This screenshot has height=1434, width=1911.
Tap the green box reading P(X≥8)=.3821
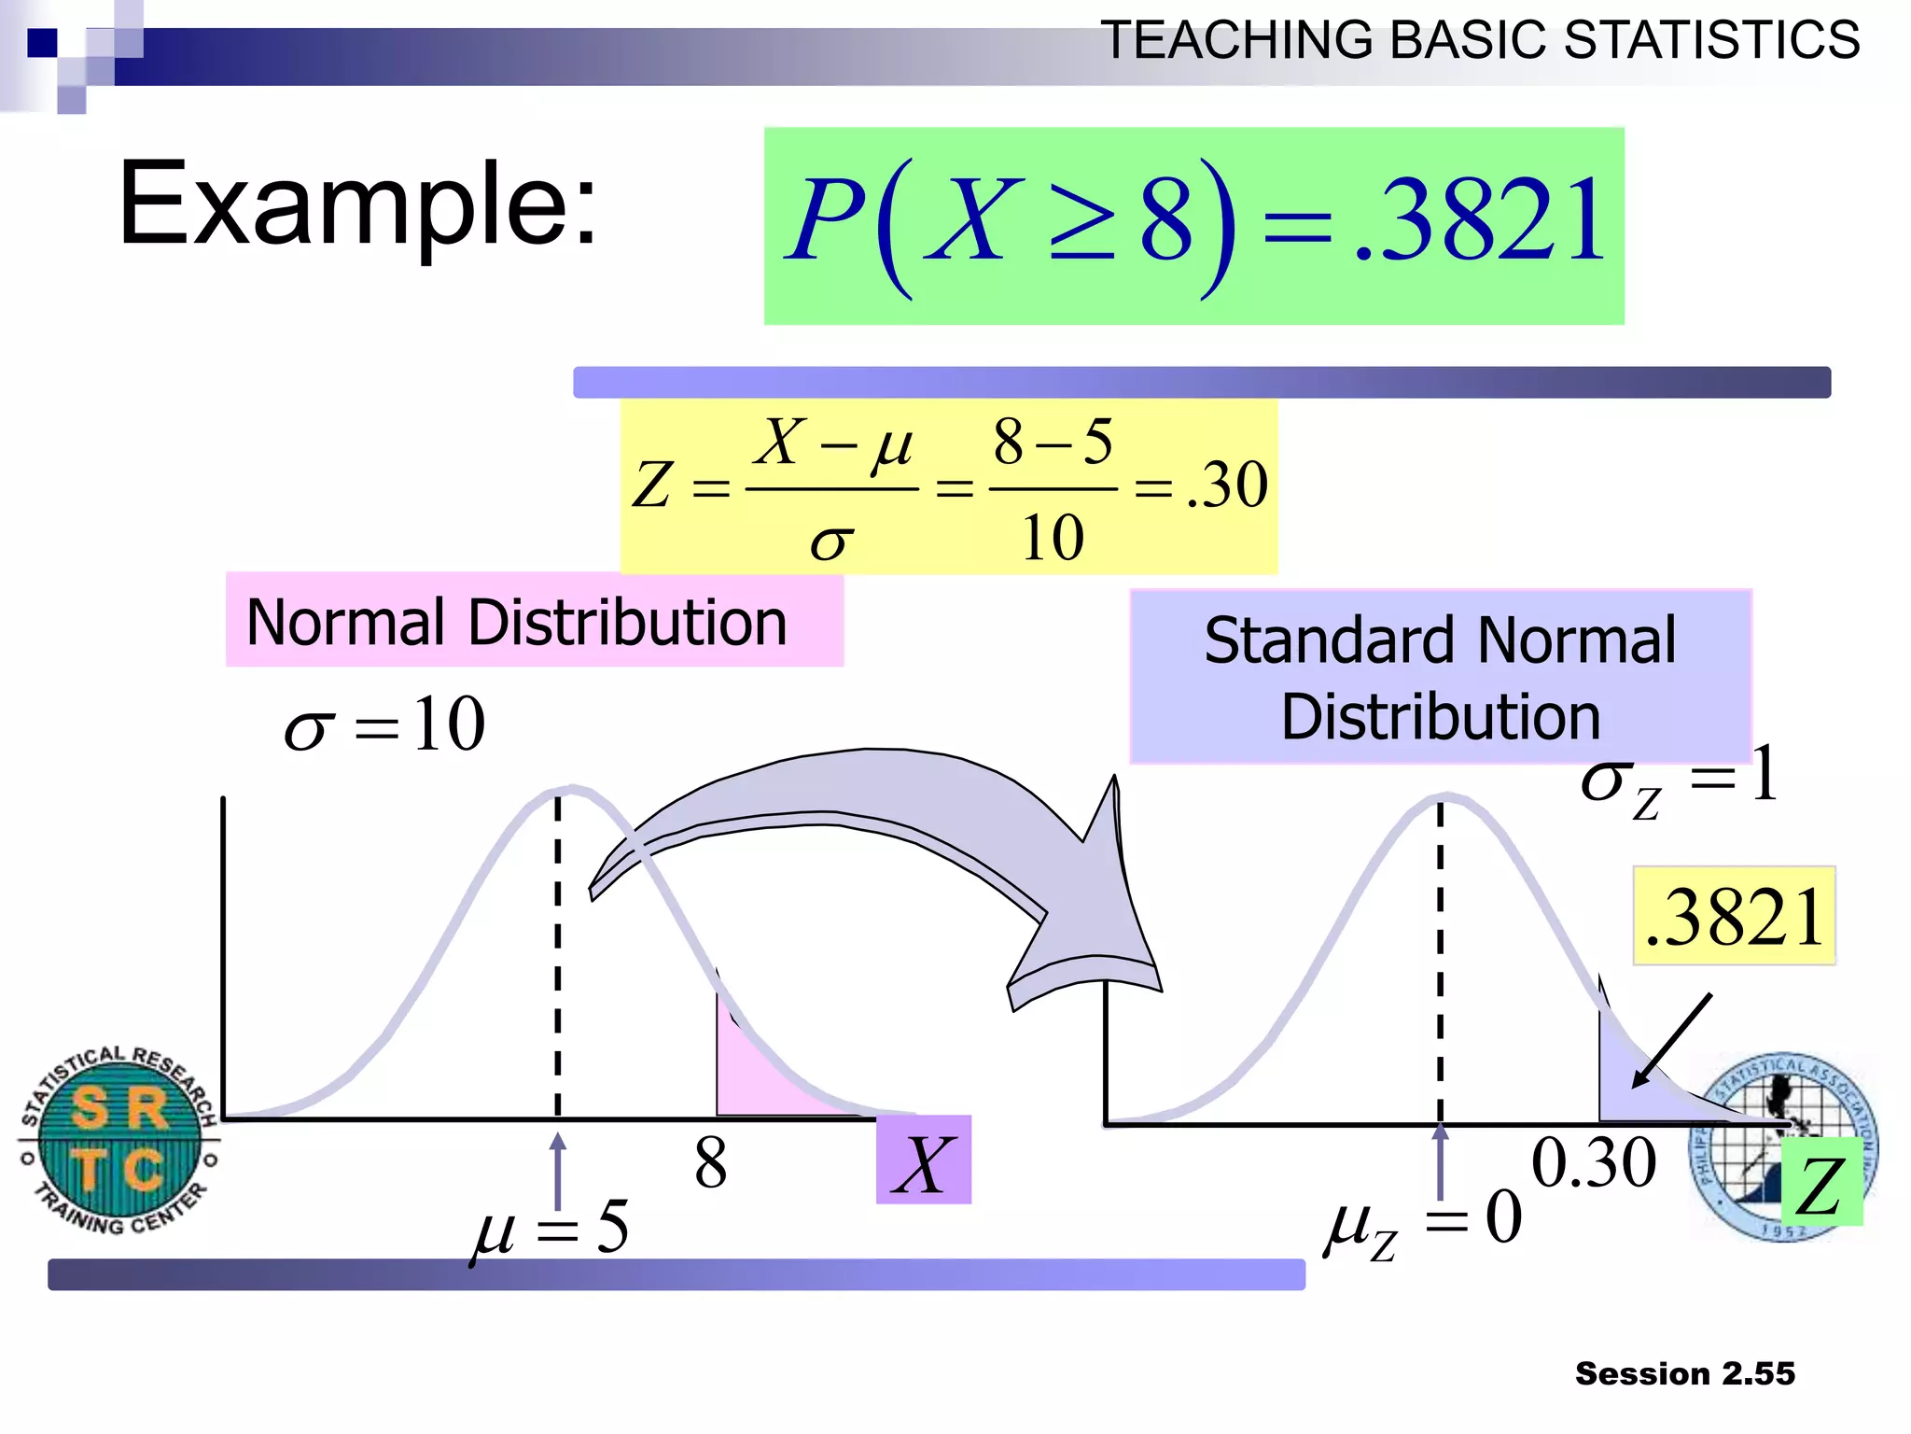[x=1193, y=226]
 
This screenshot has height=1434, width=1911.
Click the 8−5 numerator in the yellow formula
[x=1052, y=442]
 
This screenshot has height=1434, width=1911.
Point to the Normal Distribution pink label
[x=534, y=621]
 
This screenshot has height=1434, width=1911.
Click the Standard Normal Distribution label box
[x=1440, y=677]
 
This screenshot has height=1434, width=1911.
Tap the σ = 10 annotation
[x=384, y=724]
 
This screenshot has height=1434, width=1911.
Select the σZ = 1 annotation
[x=1679, y=780]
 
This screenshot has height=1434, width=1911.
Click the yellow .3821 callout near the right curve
[x=1734, y=916]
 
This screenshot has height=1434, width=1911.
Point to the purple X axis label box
[x=923, y=1160]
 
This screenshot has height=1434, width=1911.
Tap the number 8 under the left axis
[x=710, y=1164]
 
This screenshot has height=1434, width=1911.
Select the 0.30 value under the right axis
[x=1594, y=1163]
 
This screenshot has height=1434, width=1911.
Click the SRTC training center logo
[x=119, y=1140]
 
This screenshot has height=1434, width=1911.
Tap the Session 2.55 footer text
[x=1684, y=1373]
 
